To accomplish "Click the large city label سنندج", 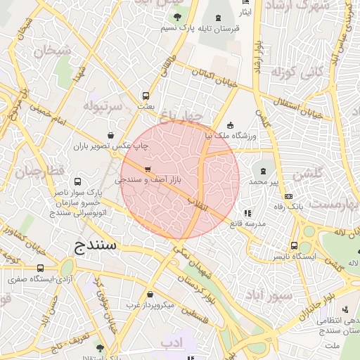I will pyautogui.click(x=98, y=245).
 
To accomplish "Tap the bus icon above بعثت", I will pyautogui.click(x=146, y=95).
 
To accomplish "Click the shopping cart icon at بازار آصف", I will pyautogui.click(x=147, y=169).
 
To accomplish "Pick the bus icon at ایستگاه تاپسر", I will pyautogui.click(x=294, y=245).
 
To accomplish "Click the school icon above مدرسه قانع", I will pyautogui.click(x=247, y=212).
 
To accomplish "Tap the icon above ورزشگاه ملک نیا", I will pyautogui.click(x=231, y=124).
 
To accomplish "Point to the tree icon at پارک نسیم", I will pyautogui.click(x=177, y=16).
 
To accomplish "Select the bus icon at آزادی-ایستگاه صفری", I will pyautogui.click(x=40, y=268).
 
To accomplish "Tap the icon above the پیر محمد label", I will pyautogui.click(x=264, y=170).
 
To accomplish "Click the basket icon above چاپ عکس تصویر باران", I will pyautogui.click(x=110, y=135).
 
